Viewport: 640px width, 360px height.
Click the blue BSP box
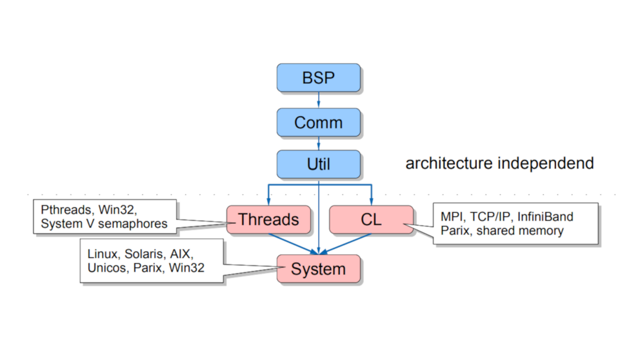pos(318,77)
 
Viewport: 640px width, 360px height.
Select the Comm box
pos(318,123)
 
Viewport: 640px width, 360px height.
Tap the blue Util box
pos(318,164)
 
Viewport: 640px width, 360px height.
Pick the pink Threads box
pos(268,219)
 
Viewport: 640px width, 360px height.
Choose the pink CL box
pos(371,219)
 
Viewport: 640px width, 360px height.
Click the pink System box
pos(318,268)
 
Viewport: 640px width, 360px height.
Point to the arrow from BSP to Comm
pos(318,100)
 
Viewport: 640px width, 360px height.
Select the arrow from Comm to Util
pos(318,143)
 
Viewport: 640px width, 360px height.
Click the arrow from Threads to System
pos(294,244)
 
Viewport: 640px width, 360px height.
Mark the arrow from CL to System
pos(345,244)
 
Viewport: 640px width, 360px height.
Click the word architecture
pos(449,163)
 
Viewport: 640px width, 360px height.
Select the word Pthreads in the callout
pos(66,210)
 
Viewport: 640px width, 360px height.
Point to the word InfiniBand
pos(545,216)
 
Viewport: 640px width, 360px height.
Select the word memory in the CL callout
pos(541,231)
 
